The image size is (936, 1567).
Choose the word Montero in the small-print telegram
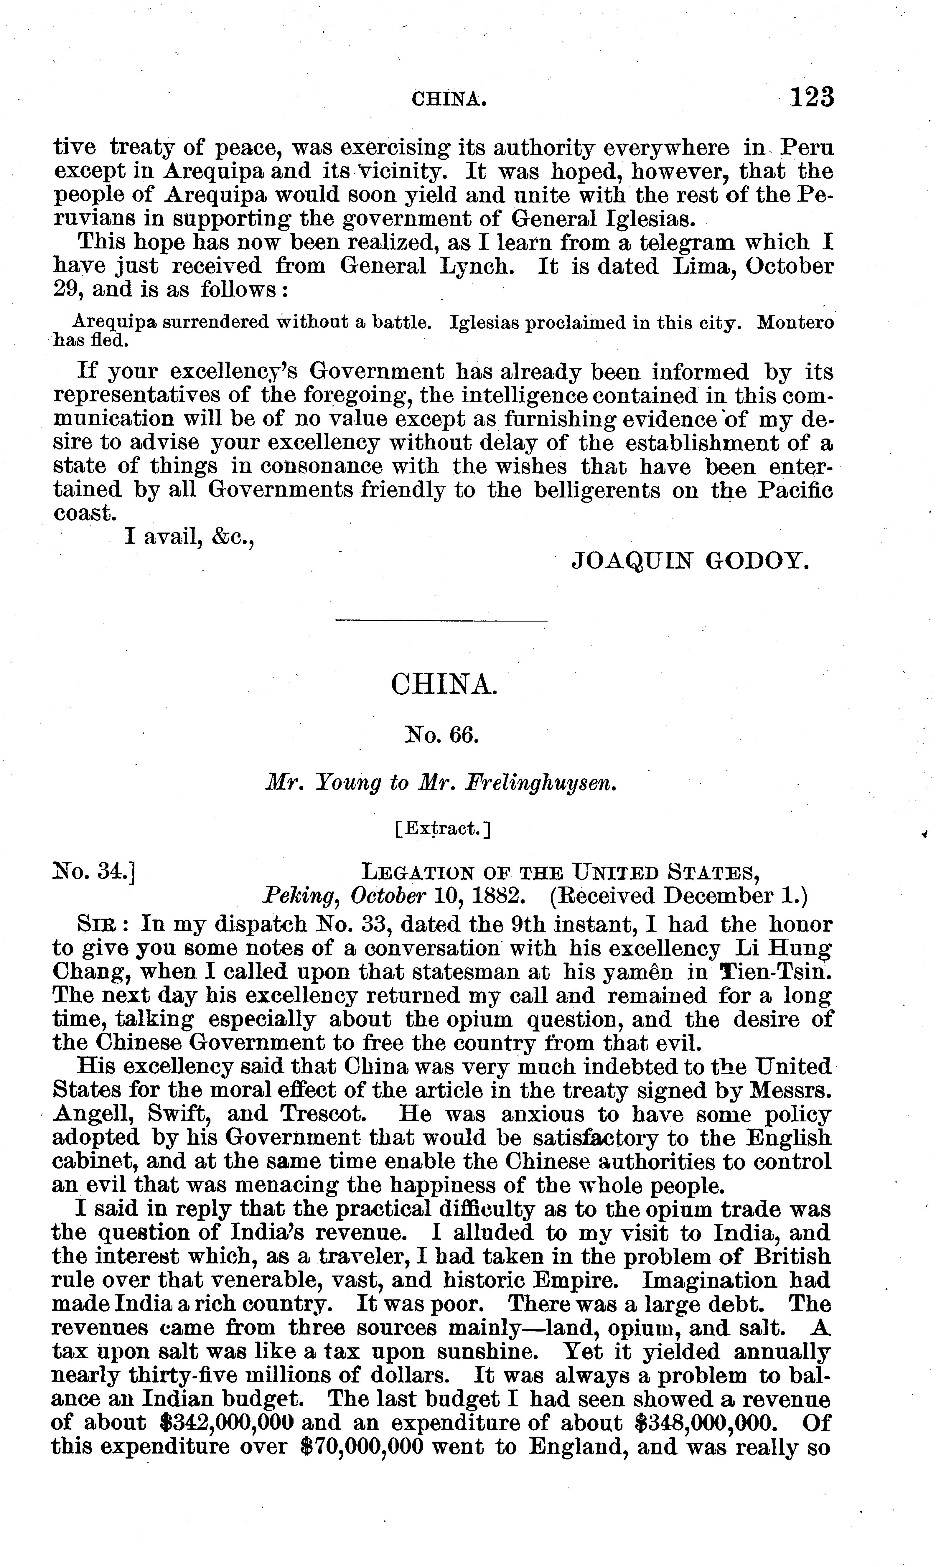click(x=795, y=323)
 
